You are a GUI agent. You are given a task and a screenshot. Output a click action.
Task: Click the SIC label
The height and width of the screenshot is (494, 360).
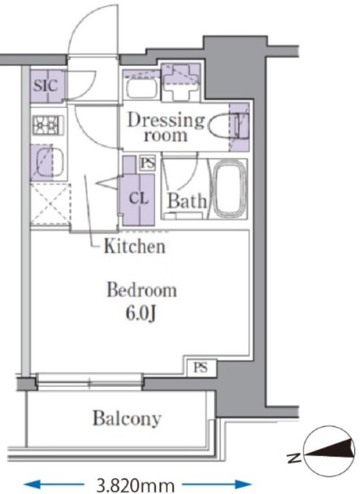pyautogui.click(x=46, y=85)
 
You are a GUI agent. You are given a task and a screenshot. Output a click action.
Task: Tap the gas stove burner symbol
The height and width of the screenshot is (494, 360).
pyautogui.click(x=48, y=125)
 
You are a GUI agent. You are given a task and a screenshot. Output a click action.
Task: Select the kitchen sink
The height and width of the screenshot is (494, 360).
pyautogui.click(x=50, y=162)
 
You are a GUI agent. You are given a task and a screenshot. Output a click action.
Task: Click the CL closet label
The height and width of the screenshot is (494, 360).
pyautogui.click(x=139, y=198)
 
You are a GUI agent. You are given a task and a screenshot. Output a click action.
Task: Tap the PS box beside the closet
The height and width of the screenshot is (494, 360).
pyautogui.click(x=147, y=163)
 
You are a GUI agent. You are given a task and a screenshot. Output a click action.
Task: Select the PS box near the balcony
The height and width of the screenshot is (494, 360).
pyautogui.click(x=201, y=367)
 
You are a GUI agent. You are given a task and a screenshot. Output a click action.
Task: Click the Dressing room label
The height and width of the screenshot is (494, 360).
pyautogui.click(x=165, y=127)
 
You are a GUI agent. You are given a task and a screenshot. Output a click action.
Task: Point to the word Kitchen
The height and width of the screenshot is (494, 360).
pyautogui.click(x=134, y=246)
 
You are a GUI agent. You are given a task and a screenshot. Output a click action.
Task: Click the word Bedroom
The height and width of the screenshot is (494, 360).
pyautogui.click(x=142, y=290)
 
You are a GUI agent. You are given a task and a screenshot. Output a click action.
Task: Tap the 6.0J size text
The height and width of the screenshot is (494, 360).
pyautogui.click(x=141, y=313)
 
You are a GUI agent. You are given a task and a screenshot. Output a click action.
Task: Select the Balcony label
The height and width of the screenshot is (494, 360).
pyautogui.click(x=127, y=418)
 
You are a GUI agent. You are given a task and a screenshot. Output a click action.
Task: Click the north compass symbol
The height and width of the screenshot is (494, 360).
pyautogui.click(x=328, y=452)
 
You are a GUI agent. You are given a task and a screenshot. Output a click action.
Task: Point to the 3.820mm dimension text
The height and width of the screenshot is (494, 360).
pyautogui.click(x=136, y=486)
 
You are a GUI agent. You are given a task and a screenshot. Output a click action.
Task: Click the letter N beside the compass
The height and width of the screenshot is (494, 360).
pyautogui.click(x=293, y=456)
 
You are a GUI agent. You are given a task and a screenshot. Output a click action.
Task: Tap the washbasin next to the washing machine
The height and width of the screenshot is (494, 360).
pyautogui.click(x=142, y=88)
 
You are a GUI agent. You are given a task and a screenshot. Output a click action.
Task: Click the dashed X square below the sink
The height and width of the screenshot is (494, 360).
pyautogui.click(x=50, y=203)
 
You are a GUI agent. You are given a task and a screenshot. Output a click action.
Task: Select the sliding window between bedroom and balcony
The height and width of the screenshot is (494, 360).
pyautogui.click(x=90, y=382)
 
